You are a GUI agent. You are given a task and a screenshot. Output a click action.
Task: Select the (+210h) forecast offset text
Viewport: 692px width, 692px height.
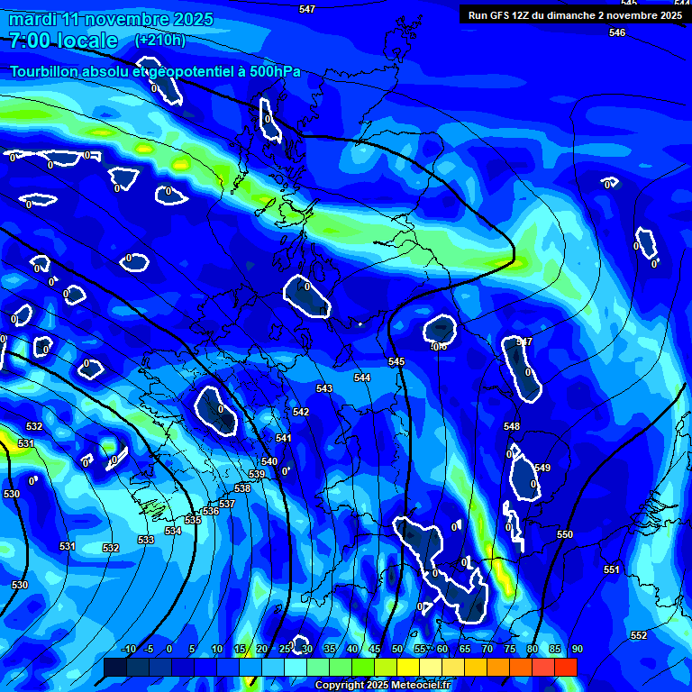160,40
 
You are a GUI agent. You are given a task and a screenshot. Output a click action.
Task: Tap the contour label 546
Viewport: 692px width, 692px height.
616,32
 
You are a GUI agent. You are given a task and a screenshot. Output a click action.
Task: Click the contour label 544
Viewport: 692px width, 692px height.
362,378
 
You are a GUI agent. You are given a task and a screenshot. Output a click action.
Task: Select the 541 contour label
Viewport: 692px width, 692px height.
284,438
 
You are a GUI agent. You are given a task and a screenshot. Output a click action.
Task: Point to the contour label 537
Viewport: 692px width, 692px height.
227,504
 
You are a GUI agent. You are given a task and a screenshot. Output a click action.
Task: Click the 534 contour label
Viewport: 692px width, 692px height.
173,531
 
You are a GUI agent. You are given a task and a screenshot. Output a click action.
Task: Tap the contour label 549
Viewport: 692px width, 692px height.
542,468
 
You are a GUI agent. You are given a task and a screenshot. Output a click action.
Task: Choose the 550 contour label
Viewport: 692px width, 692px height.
565,534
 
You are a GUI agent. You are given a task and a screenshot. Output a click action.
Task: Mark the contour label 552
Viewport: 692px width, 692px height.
639,635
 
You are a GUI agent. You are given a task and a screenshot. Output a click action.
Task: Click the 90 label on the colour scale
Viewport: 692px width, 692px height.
577,649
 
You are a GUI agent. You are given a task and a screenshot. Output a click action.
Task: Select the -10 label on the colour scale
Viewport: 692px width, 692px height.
129,649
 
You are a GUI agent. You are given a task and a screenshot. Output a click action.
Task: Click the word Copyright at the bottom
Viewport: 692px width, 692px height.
339,686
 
